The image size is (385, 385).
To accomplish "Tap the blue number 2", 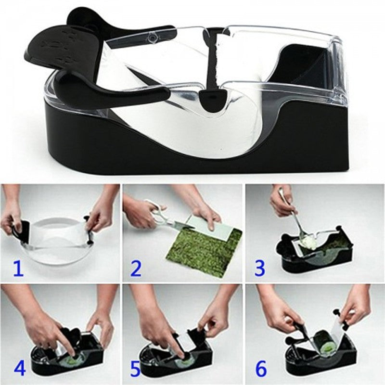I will point(137,268).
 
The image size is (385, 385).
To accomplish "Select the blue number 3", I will point(260,268).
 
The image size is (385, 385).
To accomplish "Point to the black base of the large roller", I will point(192,154).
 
